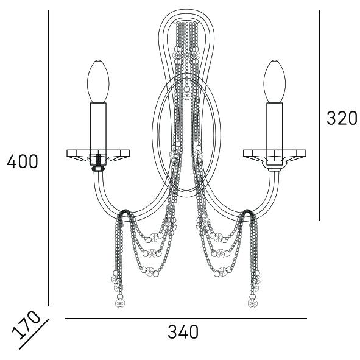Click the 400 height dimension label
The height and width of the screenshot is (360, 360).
coord(23,161)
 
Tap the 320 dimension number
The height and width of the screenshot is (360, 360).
coord(342,118)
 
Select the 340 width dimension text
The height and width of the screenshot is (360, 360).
coord(183,332)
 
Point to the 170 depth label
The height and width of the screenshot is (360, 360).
coord(26,325)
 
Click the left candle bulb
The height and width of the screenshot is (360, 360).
coord(98,81)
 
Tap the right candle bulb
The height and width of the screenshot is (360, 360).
coord(275,81)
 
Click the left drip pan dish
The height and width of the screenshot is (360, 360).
coord(98,155)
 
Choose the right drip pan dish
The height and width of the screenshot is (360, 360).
coord(275,155)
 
